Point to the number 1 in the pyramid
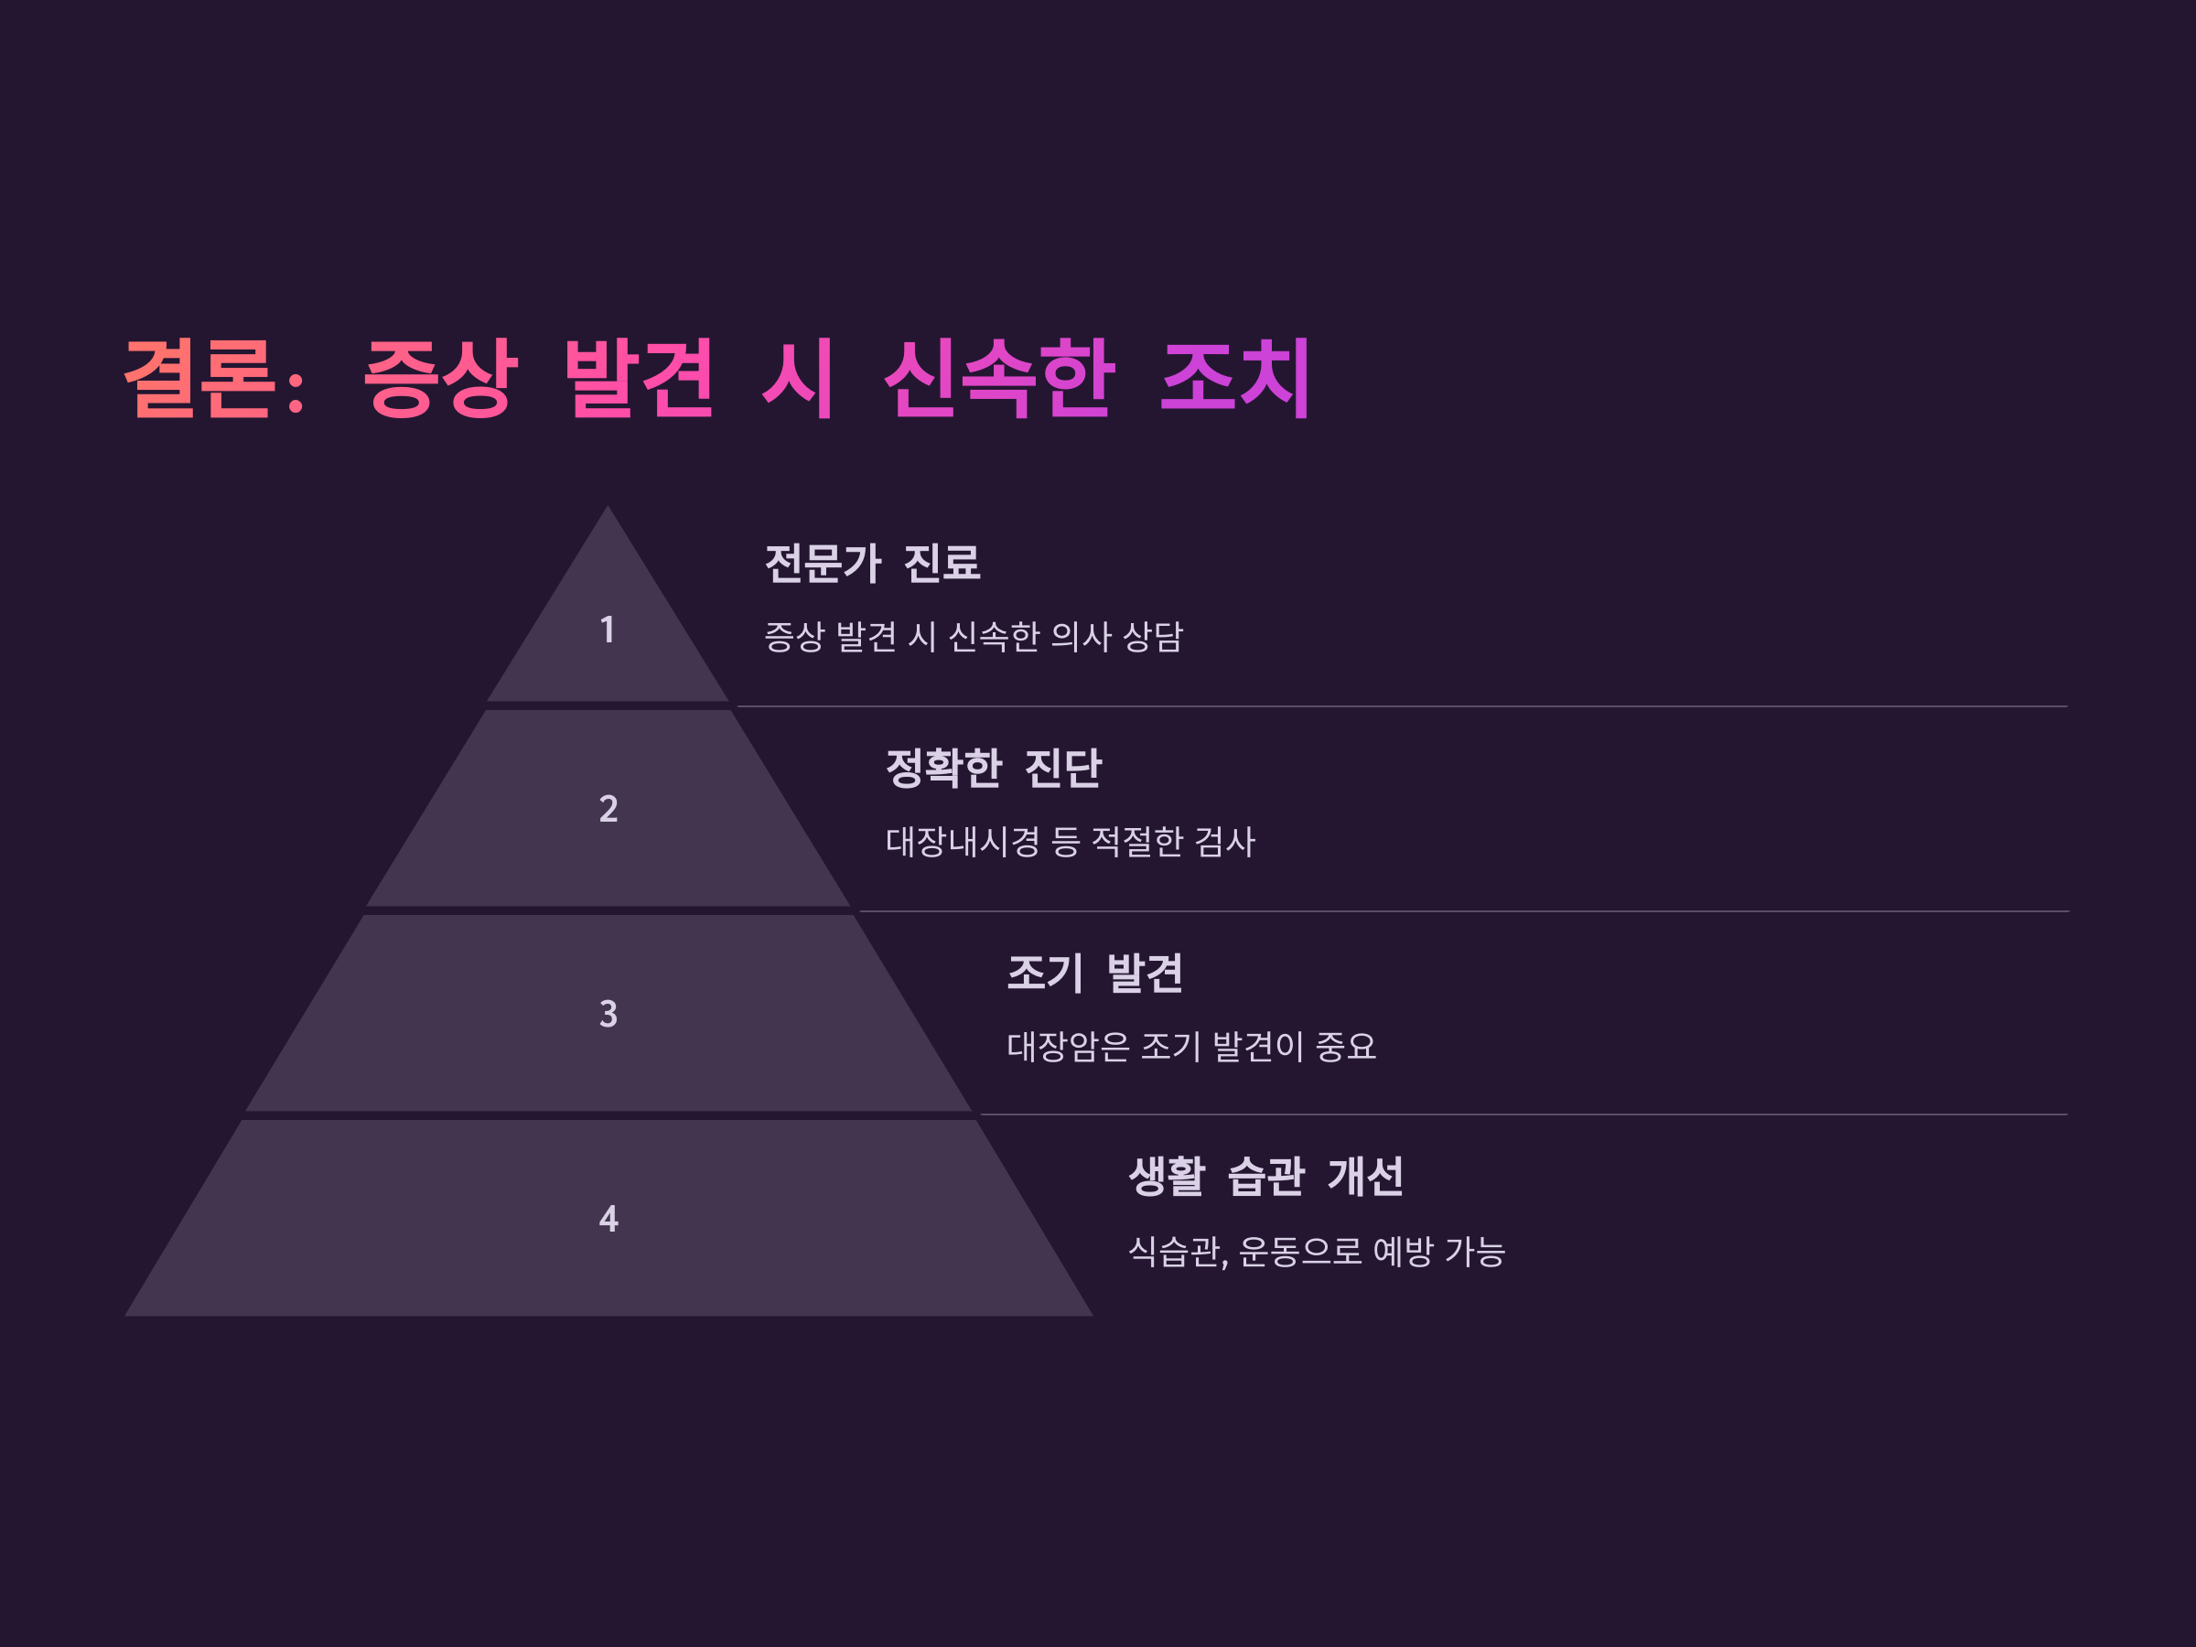[x=608, y=630]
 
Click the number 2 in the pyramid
[x=608, y=809]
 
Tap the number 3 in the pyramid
[x=608, y=1014]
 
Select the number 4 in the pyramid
[x=608, y=1218]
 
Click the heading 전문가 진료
[x=873, y=563]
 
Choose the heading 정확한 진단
[x=993, y=768]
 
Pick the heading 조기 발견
[x=1095, y=972]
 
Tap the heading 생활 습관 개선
[x=1265, y=1177]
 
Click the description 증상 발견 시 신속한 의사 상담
[x=973, y=636]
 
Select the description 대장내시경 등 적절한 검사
[x=1071, y=842]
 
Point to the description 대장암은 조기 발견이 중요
[x=1191, y=1047]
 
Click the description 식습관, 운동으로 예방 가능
[x=1317, y=1252]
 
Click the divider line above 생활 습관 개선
[x=1523, y=1114]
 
